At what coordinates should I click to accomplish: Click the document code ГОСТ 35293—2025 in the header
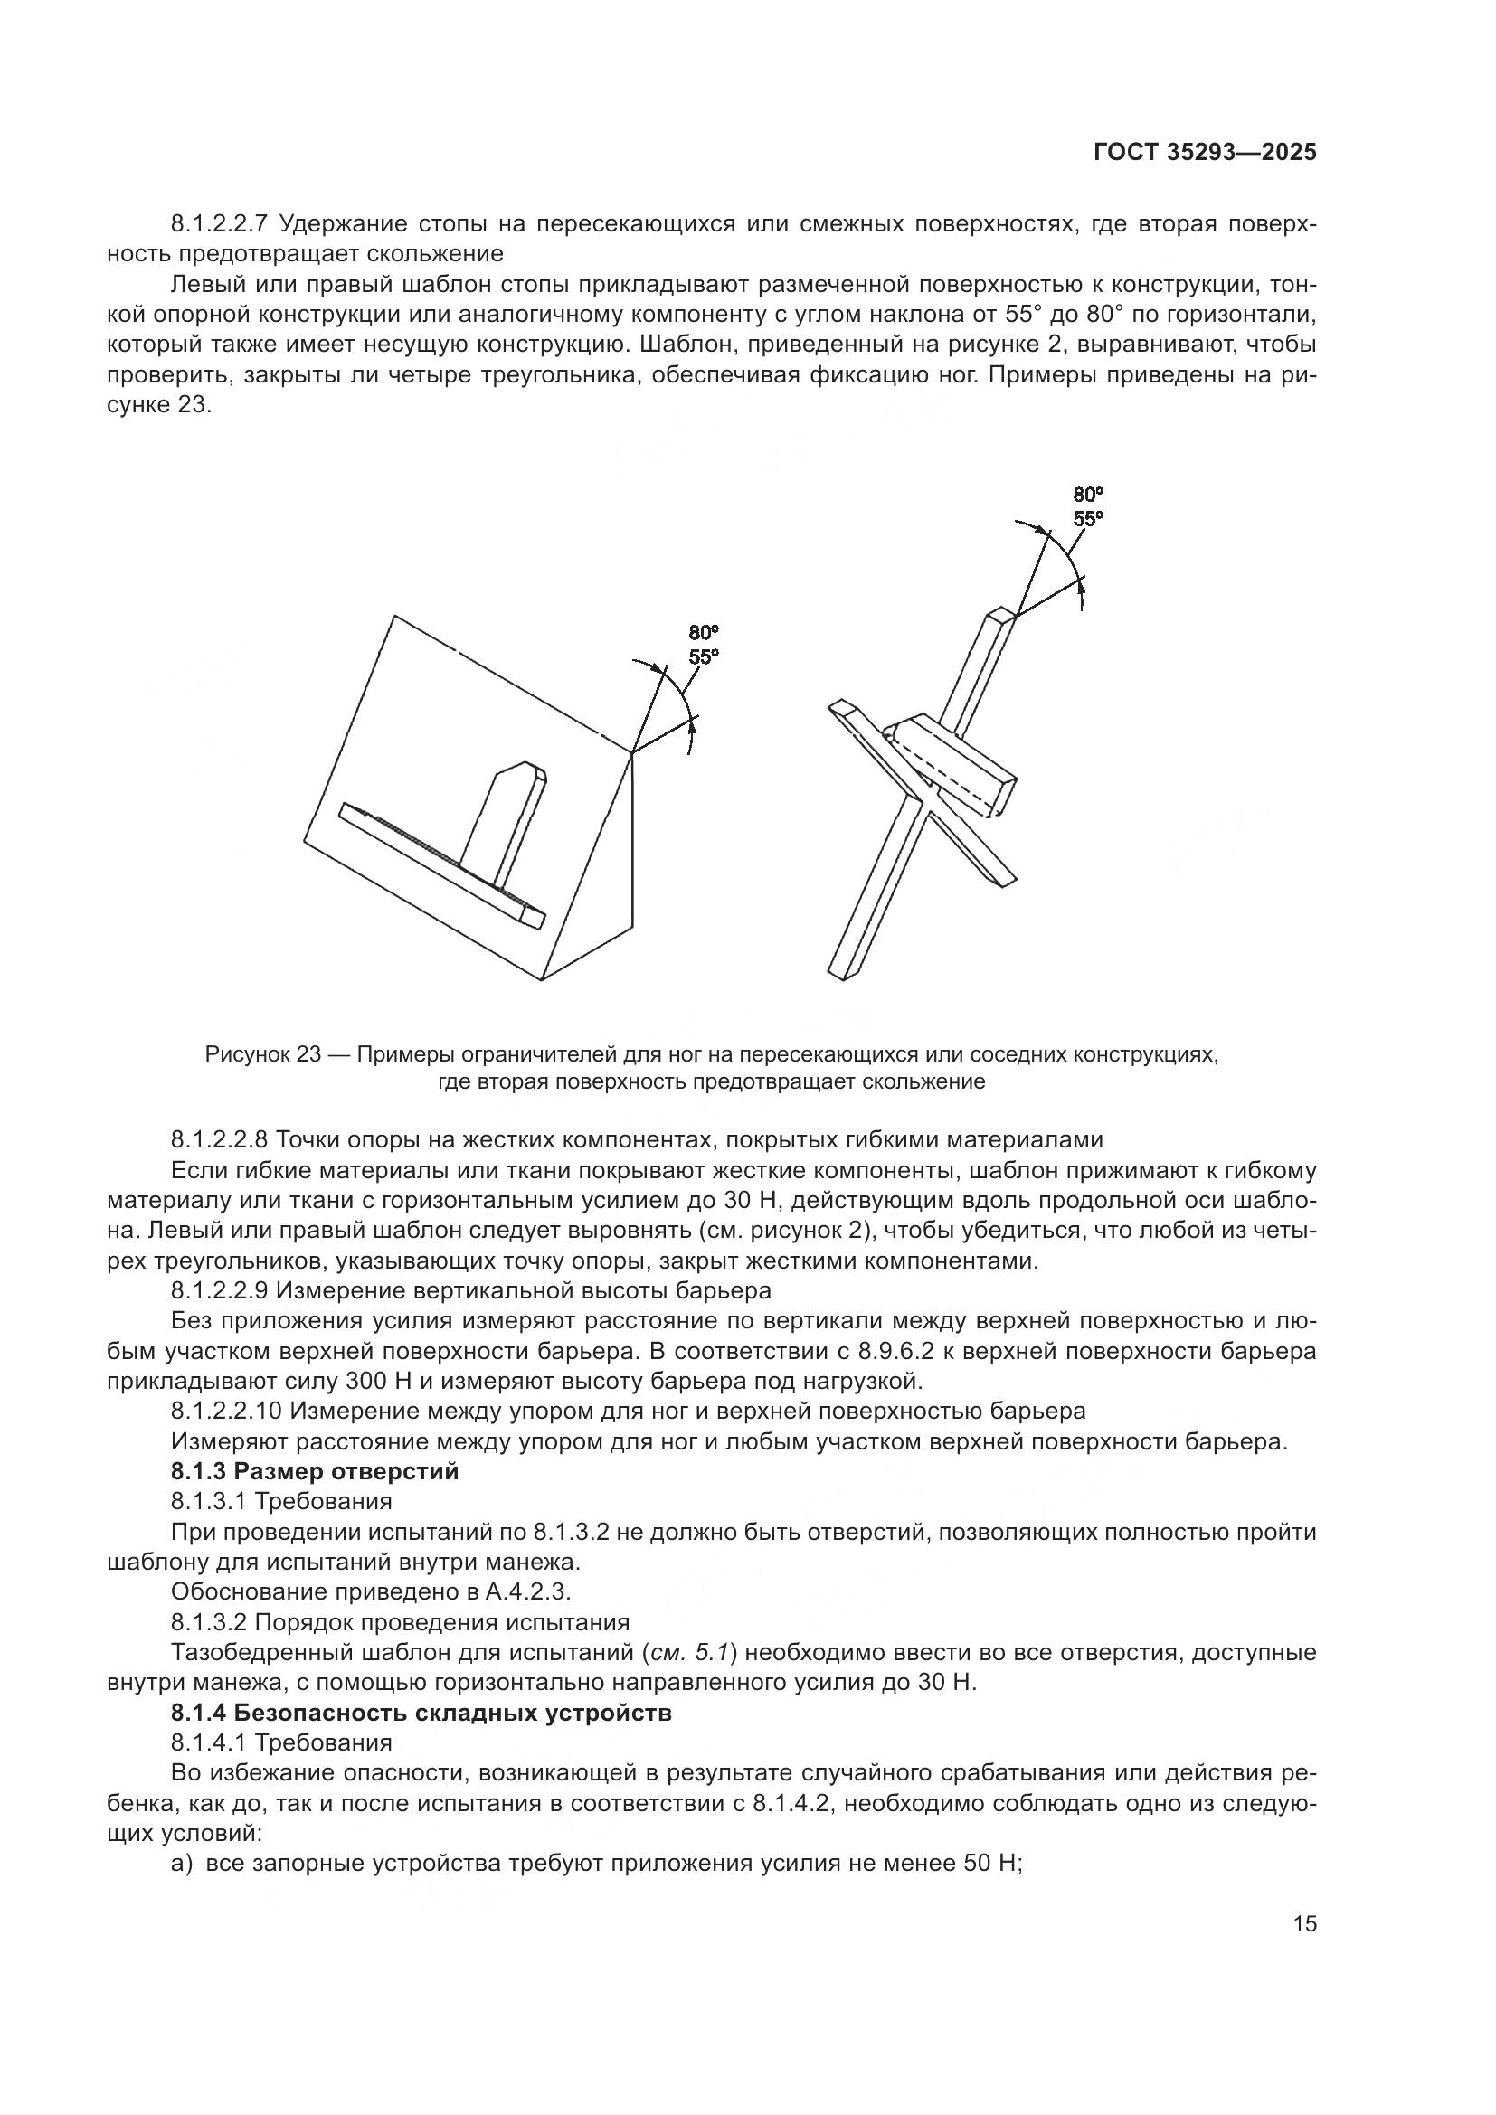pyautogui.click(x=1205, y=152)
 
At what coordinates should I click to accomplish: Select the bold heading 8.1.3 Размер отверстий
pyautogui.click(x=314, y=1471)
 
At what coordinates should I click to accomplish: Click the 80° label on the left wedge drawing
pyautogui.click(x=704, y=633)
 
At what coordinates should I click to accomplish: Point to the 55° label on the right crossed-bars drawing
pyautogui.click(x=1088, y=519)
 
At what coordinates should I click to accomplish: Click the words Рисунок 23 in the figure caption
pyautogui.click(x=261, y=1053)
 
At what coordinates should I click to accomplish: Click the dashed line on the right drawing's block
pyautogui.click(x=953, y=777)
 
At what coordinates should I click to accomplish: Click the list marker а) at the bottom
pyautogui.click(x=182, y=1863)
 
